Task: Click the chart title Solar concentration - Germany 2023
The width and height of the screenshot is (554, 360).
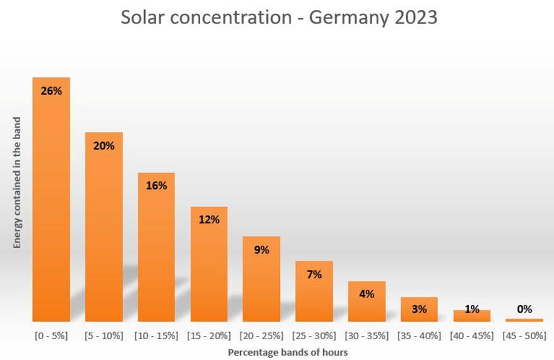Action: (279, 18)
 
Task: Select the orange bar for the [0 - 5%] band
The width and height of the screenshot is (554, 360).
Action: (51, 199)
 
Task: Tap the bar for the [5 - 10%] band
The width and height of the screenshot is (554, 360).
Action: (104, 227)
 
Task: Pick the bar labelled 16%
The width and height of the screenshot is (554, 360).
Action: (156, 247)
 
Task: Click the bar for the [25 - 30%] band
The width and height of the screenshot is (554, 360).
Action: (314, 291)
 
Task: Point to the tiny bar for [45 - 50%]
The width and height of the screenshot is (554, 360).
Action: (524, 320)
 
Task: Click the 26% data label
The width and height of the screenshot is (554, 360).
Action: (51, 91)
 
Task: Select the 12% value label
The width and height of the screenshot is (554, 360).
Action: (209, 220)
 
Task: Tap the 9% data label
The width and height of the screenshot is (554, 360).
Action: (262, 250)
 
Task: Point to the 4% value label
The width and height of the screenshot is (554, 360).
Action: (367, 294)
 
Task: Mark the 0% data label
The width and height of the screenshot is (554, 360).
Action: (525, 309)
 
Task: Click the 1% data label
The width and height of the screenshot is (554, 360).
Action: (472, 309)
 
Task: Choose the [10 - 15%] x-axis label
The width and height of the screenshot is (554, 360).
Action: (156, 335)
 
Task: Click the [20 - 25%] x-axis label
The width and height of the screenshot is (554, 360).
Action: (262, 335)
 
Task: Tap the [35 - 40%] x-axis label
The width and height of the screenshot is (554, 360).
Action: (419, 335)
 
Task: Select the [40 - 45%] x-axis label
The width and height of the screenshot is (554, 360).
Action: (472, 335)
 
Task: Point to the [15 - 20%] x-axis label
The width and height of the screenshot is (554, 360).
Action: (209, 335)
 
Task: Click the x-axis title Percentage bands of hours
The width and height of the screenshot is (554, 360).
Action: (287, 352)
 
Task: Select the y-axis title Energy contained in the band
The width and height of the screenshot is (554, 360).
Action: (17, 183)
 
